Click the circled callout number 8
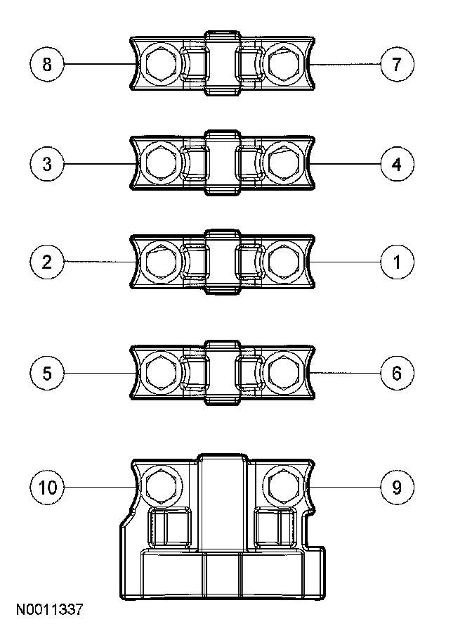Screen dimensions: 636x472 click(47, 65)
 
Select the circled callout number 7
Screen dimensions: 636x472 click(397, 65)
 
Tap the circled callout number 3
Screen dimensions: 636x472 click(47, 165)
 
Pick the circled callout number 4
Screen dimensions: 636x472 click(397, 165)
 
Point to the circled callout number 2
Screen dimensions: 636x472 click(47, 262)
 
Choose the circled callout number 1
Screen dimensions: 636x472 click(397, 262)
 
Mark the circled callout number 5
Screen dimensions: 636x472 click(47, 372)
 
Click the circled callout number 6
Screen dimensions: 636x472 click(397, 372)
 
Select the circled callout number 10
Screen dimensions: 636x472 click(47, 487)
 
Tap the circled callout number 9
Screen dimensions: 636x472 click(397, 487)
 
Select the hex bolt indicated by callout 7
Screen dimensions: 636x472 click(283, 65)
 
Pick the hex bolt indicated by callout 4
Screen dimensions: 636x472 click(283, 165)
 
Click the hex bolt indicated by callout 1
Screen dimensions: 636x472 click(283, 262)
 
